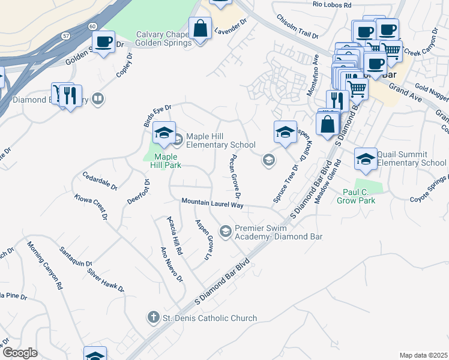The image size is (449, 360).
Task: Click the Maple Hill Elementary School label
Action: [x=220, y=140]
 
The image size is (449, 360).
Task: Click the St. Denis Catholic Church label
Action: [x=210, y=318]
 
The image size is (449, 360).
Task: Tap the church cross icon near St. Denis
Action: [x=154, y=317]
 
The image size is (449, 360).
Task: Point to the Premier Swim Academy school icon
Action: [x=226, y=231]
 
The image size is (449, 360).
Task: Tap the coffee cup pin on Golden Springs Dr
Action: [x=104, y=42]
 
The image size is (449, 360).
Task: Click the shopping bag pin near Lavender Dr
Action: [x=200, y=28]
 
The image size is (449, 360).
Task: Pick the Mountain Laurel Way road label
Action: [x=212, y=204]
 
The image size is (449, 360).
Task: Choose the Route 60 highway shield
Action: [x=92, y=26]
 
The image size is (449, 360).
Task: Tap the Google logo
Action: [x=20, y=353]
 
